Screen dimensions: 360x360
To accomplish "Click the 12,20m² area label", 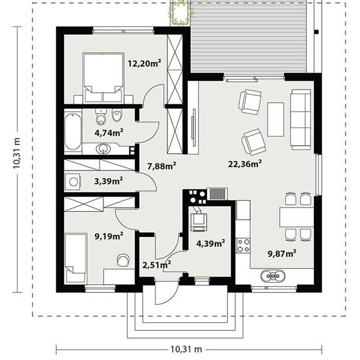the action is point(144,63).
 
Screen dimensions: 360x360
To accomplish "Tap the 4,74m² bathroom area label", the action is point(109,133).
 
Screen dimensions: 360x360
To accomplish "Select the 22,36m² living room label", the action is point(245,164).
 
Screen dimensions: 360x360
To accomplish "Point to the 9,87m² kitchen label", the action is point(282,253).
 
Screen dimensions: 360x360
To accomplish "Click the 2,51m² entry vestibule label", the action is point(157,265).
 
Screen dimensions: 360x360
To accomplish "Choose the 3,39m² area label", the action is point(109,181).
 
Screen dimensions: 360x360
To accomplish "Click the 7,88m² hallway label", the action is point(161,166).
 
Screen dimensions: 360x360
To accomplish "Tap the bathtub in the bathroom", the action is point(73,131).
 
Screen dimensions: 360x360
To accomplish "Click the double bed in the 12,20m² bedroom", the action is point(103,77).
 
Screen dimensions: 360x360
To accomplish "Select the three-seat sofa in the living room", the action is point(301,119).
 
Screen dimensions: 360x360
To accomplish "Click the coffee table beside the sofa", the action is point(275,119).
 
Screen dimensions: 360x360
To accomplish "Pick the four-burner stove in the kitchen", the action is point(243,245).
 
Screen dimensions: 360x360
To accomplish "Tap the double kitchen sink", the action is point(273,275).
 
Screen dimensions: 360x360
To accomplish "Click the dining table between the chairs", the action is point(296,217).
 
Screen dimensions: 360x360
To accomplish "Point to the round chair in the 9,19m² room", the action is point(123,260).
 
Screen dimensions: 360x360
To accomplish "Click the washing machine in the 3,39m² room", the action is point(73,182).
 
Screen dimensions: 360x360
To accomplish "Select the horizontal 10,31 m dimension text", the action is point(186,349).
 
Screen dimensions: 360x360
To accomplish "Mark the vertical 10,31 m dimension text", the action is point(17,153).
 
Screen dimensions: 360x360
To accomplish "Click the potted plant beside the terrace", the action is point(181,13).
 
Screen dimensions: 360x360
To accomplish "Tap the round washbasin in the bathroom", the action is point(103,149).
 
